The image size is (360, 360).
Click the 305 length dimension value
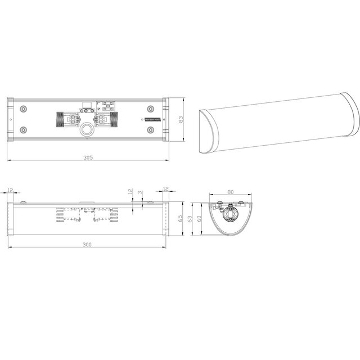click(x=88, y=158)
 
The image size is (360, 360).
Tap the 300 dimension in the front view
click(x=88, y=244)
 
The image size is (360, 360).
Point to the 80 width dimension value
click(x=230, y=191)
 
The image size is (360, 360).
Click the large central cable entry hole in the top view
click(x=88, y=130)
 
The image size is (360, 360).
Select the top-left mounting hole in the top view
click(x=23, y=109)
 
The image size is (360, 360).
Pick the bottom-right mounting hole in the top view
click(x=150, y=130)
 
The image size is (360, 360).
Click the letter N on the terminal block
click(x=100, y=110)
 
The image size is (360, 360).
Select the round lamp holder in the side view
click(x=230, y=215)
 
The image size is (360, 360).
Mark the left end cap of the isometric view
click(x=207, y=134)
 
